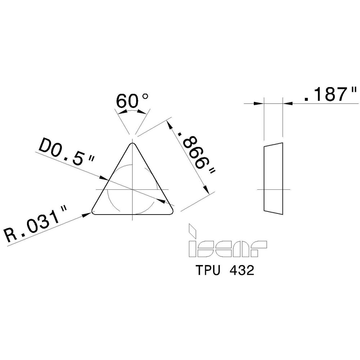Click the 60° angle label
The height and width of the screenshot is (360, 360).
point(132,102)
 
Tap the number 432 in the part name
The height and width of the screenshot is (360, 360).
point(243,271)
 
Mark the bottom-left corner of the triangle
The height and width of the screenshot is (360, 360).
point(94,212)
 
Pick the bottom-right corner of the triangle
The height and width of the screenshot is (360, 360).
point(172,212)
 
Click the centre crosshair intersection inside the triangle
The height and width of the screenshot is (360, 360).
point(133,189)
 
